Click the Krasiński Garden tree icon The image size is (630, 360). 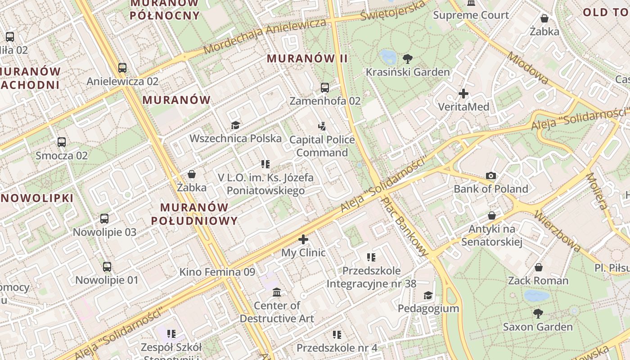tap(408, 58)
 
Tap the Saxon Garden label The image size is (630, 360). tap(538, 327)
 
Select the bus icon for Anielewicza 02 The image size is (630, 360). tap(122, 68)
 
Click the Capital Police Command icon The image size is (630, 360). tap(322, 126)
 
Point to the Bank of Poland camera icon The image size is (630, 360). tap(491, 175)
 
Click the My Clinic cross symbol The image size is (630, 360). tap(303, 239)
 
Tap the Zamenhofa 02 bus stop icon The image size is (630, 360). tap(325, 88)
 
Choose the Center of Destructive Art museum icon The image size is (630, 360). tap(277, 292)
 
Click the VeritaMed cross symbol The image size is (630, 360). tap(463, 94)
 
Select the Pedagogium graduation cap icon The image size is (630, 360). tap(428, 295)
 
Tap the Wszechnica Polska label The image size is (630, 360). tap(235, 138)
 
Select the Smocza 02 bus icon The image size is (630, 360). tap(62, 142)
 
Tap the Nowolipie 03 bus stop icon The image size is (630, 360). tap(104, 219)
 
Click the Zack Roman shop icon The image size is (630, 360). tap(538, 268)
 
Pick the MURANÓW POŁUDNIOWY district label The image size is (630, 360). tap(194, 214)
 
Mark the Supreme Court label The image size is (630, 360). tap(471, 15)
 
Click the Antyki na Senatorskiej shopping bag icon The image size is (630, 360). tap(491, 216)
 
